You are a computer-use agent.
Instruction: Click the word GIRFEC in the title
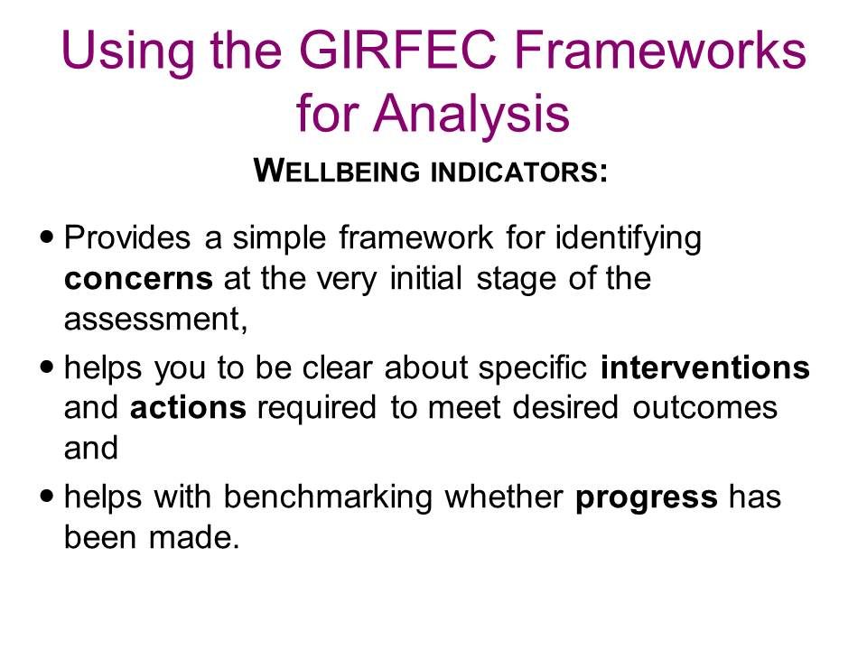pyautogui.click(x=397, y=50)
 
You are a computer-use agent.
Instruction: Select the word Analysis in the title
pyautogui.click(x=471, y=114)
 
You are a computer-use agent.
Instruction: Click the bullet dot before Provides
pyautogui.click(x=48, y=237)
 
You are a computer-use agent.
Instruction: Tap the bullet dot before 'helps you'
pyautogui.click(x=48, y=366)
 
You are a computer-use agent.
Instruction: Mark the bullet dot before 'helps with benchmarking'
pyautogui.click(x=48, y=496)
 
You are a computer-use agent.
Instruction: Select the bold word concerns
pyautogui.click(x=138, y=279)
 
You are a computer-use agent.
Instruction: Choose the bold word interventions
pyautogui.click(x=705, y=367)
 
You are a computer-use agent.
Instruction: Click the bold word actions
pyautogui.click(x=188, y=408)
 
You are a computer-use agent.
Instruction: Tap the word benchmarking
pyautogui.click(x=328, y=496)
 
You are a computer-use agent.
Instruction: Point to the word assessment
pyautogui.click(x=155, y=320)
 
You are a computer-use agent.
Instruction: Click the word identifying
pyautogui.click(x=629, y=238)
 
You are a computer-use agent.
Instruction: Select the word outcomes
pyautogui.click(x=705, y=408)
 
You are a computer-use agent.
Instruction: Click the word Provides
pyautogui.click(x=127, y=237)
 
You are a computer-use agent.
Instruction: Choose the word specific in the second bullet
pyautogui.click(x=533, y=368)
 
